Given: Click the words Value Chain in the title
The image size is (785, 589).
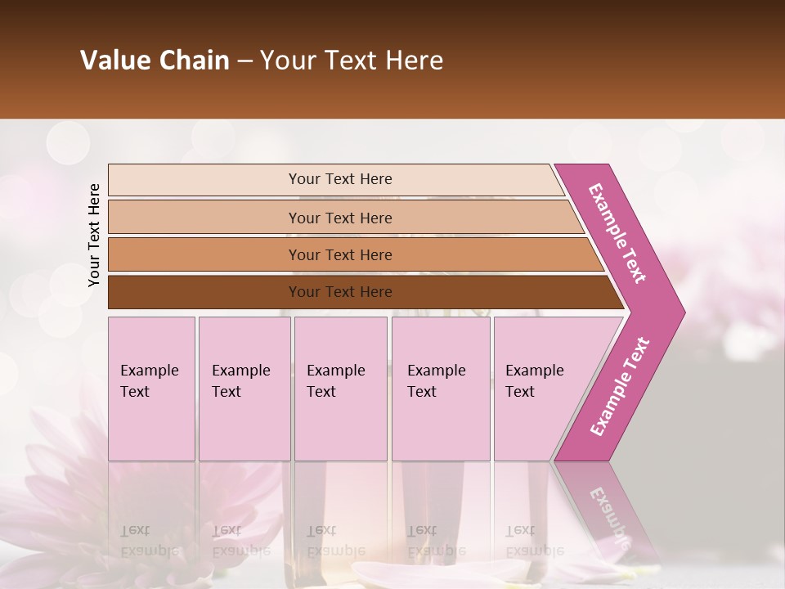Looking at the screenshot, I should coord(155,61).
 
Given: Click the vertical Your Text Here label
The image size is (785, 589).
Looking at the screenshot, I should coord(94,235).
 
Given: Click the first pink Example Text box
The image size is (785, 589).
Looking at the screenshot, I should coord(151,389).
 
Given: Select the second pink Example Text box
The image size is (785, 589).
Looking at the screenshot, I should coord(244,389).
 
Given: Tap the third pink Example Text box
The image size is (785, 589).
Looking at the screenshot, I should coord(340,389).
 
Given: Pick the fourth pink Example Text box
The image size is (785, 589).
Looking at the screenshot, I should coord(441,389).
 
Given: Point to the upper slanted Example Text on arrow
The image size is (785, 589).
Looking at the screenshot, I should coord(617,233).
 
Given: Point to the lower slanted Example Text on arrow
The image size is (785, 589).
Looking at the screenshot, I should coord(620,386).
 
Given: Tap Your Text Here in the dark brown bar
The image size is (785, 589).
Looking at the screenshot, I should coord(340,292).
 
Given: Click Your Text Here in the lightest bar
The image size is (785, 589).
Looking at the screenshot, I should coord(340,179).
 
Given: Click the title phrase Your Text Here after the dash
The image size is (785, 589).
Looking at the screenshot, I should coord(352,61).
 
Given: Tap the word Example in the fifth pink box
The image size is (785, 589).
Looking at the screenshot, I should coord(534,371).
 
